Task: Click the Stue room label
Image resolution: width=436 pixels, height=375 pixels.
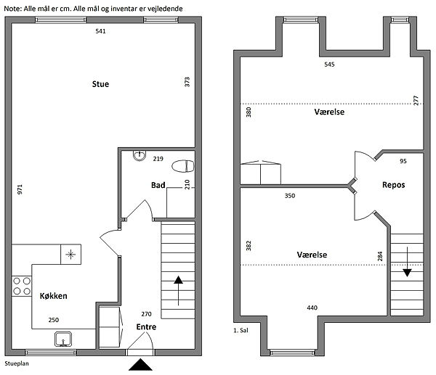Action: coord(100,84)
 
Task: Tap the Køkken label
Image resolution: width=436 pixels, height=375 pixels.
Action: coord(53,296)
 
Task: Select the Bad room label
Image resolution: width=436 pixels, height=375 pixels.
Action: coord(158,185)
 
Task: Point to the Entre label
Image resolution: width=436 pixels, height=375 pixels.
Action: coord(146,327)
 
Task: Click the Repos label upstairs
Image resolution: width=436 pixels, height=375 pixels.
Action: coord(393,185)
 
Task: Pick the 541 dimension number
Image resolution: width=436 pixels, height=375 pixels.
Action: coord(100,31)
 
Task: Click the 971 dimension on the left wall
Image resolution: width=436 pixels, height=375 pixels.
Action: coord(20,189)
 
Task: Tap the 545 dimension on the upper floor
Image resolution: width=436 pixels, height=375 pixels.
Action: coord(329,65)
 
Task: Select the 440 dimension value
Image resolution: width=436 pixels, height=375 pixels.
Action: coord(312,308)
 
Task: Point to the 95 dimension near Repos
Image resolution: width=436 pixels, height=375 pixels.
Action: coord(403,161)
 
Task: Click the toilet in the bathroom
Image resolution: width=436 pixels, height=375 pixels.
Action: coord(182,166)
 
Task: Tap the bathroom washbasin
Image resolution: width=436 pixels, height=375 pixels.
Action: coord(140,156)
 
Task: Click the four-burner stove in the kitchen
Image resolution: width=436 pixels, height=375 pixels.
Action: coord(22,286)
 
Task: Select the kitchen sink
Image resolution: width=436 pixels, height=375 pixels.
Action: coord(63,339)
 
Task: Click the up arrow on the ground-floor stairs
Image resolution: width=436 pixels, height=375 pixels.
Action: coord(178,291)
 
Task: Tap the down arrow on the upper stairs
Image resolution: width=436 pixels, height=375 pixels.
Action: coord(407,262)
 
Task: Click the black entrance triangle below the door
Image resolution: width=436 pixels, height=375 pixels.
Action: coord(140,364)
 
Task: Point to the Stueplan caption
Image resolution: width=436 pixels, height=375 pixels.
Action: coord(17,363)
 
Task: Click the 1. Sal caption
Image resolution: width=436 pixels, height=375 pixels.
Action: coord(241,330)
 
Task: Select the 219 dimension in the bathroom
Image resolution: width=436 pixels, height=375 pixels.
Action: coord(158,159)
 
